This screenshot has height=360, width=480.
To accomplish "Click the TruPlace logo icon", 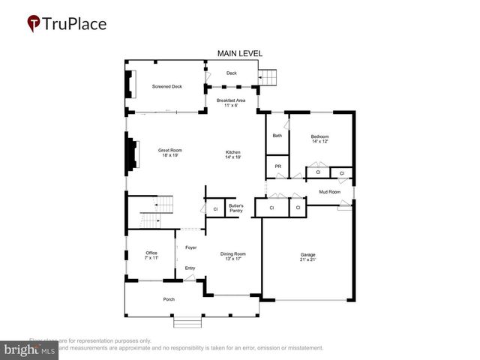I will tap(34, 24).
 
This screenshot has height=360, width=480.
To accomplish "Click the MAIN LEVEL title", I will tap(240, 54).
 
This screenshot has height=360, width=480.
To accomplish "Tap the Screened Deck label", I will tap(166, 86).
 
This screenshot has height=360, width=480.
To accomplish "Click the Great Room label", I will tap(170, 153).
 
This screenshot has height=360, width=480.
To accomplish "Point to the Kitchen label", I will tap(232, 154).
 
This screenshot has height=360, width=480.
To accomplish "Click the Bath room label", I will tap(277, 136).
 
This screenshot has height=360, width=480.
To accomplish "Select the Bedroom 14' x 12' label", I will tap(320, 139).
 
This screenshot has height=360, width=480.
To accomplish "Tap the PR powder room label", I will tap(277, 166).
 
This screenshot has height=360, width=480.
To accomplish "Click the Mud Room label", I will tap(329, 192).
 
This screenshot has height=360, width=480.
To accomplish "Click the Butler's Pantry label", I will tap(236, 208).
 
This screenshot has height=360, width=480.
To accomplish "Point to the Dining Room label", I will tap(233, 256).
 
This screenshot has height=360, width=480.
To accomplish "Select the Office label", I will tap(151, 255).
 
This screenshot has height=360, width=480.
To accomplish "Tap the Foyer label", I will tap(190, 247).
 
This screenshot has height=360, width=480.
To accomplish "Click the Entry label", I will tap(190, 268).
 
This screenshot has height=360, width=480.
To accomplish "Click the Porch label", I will tap(169, 299).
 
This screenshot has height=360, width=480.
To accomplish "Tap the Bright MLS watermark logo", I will tap(29, 349).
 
